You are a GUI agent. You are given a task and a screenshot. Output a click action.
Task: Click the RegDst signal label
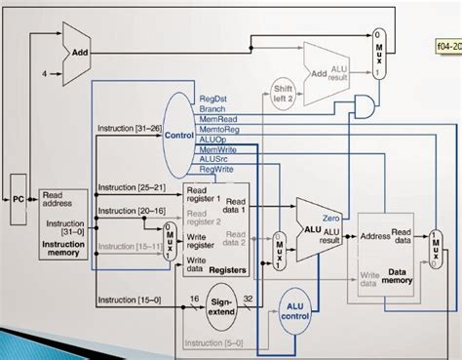pyautogui.click(x=214, y=99)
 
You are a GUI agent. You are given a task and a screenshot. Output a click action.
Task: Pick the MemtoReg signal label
pyautogui.click(x=219, y=129)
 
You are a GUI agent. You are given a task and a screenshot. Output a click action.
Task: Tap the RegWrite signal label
pyautogui.click(x=218, y=168)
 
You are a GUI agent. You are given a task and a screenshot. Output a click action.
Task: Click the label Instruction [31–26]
pyautogui.click(x=129, y=129)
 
